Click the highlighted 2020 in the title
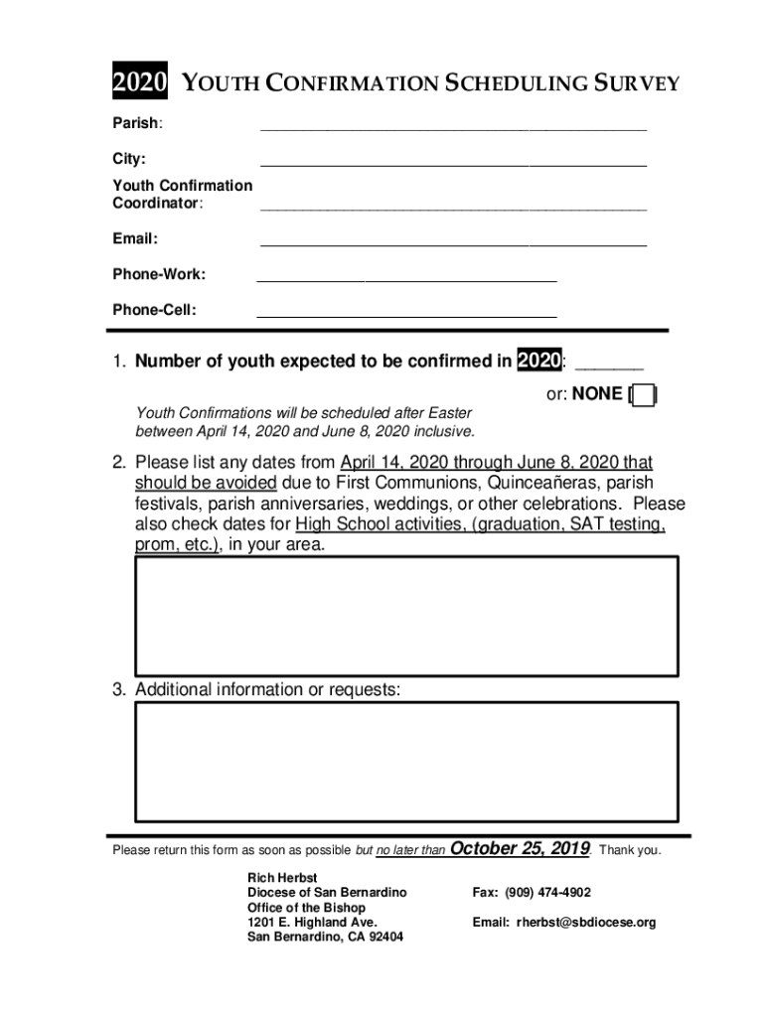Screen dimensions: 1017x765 click(139, 83)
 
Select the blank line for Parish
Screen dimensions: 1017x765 click(453, 126)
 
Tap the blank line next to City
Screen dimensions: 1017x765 click(453, 162)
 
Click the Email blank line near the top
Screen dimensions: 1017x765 click(453, 241)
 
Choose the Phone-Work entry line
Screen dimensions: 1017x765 click(406, 278)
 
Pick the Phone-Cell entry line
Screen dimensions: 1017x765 click(406, 314)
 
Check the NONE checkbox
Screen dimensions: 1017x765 click(644, 395)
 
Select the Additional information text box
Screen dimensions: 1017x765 click(406, 761)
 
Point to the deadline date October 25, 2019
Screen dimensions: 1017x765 click(521, 849)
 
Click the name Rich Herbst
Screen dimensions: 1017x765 click(282, 878)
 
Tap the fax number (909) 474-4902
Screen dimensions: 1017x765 click(547, 893)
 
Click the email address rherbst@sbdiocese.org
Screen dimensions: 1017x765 click(586, 923)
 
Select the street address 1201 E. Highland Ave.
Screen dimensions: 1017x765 click(312, 923)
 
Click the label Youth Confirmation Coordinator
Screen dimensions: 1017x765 click(182, 194)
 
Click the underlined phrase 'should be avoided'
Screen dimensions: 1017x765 click(206, 484)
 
